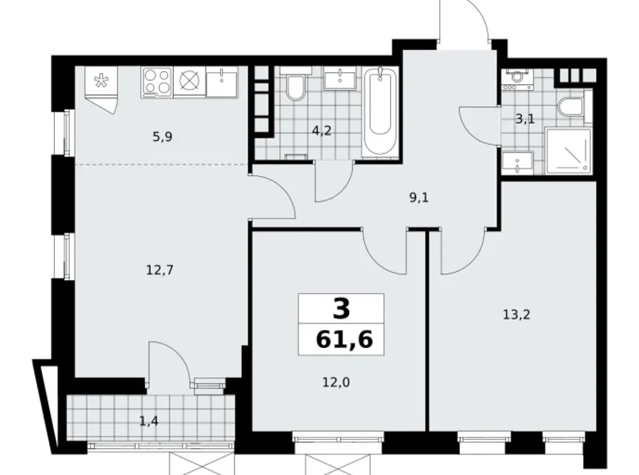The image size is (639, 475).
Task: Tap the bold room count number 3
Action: pos(341,309)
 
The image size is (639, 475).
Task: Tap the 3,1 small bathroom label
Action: pos(524,119)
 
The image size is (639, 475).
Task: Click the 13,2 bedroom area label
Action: pos(514,312)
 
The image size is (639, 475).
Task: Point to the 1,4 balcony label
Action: pos(148,421)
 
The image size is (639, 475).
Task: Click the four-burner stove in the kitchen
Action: pos(156,82)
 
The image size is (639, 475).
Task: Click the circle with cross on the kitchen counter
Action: pos(189,82)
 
